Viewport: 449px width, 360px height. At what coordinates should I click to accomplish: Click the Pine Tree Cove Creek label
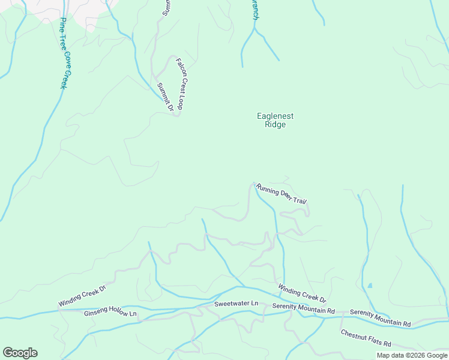pyautogui.click(x=65, y=53)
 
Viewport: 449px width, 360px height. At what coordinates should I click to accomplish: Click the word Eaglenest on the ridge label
pyautogui.click(x=275, y=116)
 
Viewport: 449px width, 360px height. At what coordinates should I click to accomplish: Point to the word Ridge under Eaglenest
pyautogui.click(x=275, y=125)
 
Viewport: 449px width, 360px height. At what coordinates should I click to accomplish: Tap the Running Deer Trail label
pyautogui.click(x=282, y=194)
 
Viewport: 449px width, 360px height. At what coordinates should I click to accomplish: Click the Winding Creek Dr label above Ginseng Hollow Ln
pyautogui.click(x=82, y=296)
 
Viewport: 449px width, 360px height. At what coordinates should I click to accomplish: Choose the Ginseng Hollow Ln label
pyautogui.click(x=110, y=313)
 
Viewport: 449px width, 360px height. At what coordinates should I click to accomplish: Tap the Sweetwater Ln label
pyautogui.click(x=236, y=304)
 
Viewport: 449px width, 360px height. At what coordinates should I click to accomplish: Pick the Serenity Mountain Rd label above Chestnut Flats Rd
pyautogui.click(x=381, y=318)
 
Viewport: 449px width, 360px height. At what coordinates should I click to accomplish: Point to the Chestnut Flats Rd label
pyautogui.click(x=366, y=338)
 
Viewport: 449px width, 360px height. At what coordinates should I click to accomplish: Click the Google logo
pyautogui.click(x=20, y=353)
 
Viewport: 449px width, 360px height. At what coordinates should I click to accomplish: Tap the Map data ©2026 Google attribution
pyautogui.click(x=412, y=355)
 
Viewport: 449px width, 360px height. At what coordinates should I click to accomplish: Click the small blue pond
pyautogui.click(x=369, y=285)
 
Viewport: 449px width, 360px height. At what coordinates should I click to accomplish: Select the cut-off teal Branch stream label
pyautogui.click(x=255, y=11)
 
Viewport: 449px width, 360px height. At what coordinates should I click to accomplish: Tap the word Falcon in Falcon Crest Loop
pyautogui.click(x=179, y=66)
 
